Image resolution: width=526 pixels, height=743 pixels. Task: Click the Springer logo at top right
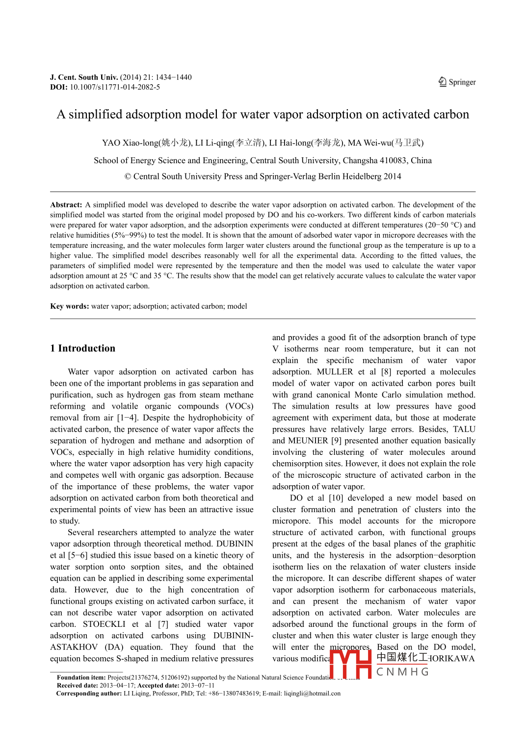[457, 82]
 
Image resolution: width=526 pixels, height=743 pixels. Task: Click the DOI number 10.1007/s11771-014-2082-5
[115, 87]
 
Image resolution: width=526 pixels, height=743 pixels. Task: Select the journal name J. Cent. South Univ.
[84, 77]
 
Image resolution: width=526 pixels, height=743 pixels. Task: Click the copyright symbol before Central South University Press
[128, 176]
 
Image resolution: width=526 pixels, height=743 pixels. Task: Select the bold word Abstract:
[66, 205]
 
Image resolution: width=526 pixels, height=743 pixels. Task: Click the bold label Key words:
[69, 306]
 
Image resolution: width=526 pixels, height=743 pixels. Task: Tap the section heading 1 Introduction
[82, 348]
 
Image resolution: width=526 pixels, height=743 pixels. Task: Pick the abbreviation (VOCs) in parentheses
[239, 406]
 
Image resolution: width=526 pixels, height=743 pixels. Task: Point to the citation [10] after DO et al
[336, 498]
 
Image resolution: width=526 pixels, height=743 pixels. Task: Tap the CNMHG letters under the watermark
[402, 671]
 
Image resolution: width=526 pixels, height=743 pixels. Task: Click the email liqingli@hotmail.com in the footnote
[312, 693]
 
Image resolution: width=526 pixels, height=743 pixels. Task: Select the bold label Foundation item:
[81, 677]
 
